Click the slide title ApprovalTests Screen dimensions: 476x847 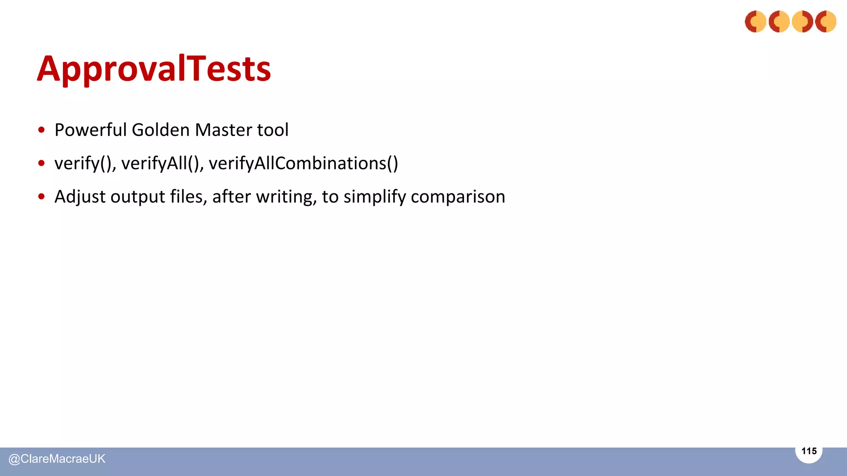(154, 69)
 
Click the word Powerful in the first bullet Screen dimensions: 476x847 (91, 130)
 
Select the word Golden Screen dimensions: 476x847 (160, 130)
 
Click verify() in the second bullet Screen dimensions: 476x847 (85, 164)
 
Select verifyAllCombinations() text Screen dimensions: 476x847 (303, 164)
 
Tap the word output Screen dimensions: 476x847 (138, 197)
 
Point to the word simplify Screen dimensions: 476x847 (375, 197)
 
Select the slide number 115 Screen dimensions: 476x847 (809, 451)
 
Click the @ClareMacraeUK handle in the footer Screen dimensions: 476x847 (57, 459)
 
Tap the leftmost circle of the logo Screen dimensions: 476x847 (756, 21)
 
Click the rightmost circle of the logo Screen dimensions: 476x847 (826, 21)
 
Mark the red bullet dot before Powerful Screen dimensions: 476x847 (41, 130)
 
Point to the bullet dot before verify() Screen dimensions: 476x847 (41, 164)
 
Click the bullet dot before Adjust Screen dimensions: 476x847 (41, 197)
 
